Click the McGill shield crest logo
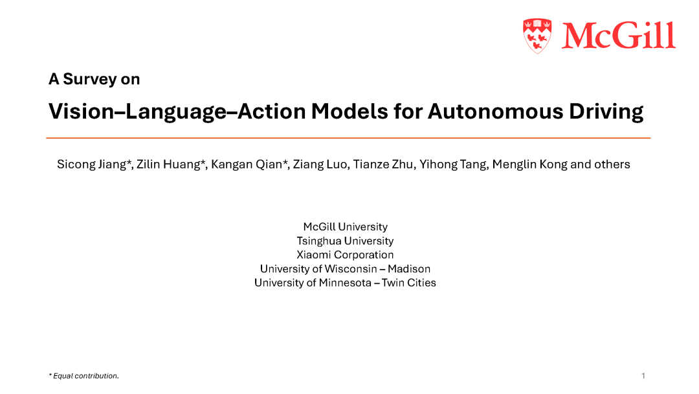pos(537,36)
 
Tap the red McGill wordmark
pos(619,35)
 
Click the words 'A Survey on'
pos(94,79)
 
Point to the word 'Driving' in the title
pos(606,111)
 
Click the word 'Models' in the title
pos(349,111)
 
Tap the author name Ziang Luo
pos(319,165)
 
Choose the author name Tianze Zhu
pos(383,165)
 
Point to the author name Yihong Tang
pos(453,165)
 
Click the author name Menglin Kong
pos(529,165)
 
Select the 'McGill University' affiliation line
pos(346,227)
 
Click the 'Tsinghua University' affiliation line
pos(346,241)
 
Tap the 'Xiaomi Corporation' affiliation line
pos(346,255)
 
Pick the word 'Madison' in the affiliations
pos(409,269)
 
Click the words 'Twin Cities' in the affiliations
pos(409,283)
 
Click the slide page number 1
pos(643,376)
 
